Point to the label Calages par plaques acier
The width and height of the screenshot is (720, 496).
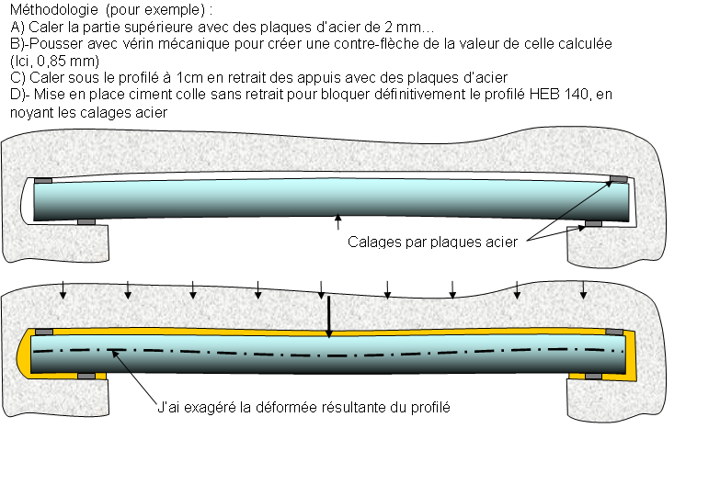click(432, 242)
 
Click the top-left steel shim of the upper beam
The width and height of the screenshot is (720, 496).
click(43, 180)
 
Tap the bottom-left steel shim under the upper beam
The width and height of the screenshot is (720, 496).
click(86, 221)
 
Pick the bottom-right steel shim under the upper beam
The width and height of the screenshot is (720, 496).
click(593, 223)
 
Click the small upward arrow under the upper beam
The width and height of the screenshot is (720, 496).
click(337, 221)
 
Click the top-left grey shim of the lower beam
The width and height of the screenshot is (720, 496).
click(43, 332)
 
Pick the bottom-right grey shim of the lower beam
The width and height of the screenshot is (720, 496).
click(593, 376)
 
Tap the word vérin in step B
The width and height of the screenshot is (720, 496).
click(119, 43)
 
